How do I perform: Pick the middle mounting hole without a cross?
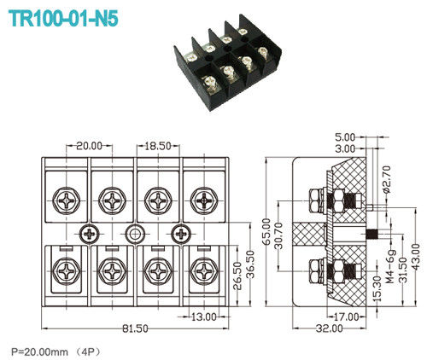[134, 234]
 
